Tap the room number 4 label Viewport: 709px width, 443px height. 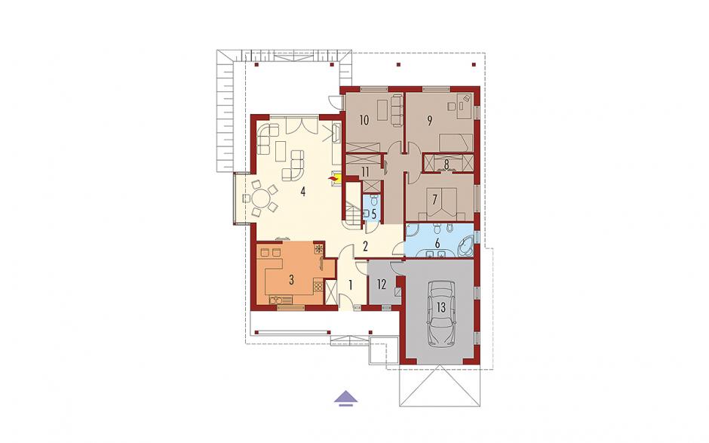[303, 192]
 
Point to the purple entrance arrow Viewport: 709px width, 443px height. [346, 397]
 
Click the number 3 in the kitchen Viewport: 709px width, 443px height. [292, 280]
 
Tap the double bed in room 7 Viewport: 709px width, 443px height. [441, 203]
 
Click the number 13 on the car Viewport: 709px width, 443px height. [441, 308]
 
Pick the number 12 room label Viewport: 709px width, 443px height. [382, 285]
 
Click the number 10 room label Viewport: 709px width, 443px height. [364, 120]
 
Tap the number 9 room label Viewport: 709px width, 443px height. [429, 120]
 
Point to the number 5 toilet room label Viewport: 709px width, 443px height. [374, 214]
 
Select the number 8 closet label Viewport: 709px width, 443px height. [447, 165]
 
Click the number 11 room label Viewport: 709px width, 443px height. [365, 172]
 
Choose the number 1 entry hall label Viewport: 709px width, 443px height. [350, 285]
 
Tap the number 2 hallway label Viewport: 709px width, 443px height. [365, 247]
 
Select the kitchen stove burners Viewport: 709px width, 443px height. [318, 285]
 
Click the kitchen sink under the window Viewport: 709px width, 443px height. [276, 299]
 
